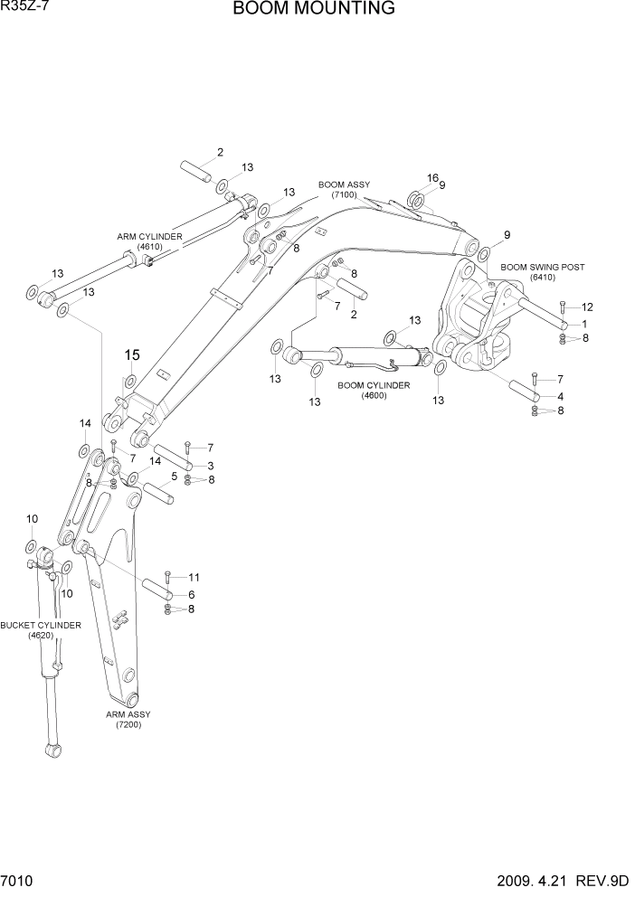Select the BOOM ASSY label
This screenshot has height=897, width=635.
coord(344,190)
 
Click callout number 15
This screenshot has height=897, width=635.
coord(133,355)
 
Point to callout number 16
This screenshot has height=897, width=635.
coord(432,178)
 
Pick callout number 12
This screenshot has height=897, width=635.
coord(587,307)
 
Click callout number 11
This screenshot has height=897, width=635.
coord(193,577)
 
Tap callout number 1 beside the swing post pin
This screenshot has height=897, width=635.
coord(584,324)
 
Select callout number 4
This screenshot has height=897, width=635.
coord(561,396)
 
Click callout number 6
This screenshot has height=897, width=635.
coord(192,594)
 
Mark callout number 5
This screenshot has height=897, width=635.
coord(174,477)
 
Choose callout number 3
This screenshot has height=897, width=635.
coord(210,465)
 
